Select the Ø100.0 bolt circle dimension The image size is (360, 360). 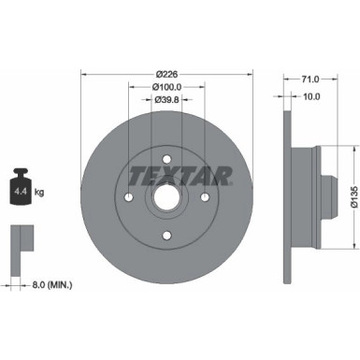click(167, 86)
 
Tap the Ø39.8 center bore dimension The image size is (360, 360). click(167, 99)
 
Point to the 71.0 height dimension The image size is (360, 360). click(312, 81)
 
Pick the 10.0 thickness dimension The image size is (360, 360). click(311, 95)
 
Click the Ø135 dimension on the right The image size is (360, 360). click(347, 195)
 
